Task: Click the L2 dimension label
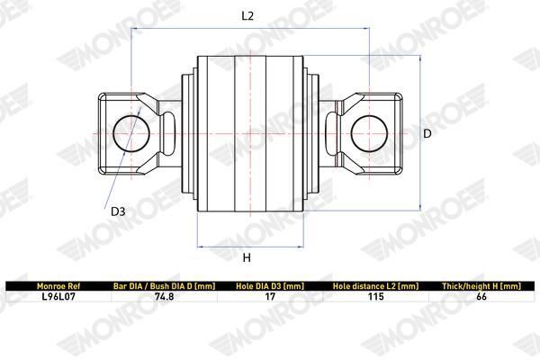pyautogui.click(x=247, y=16)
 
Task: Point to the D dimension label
pyautogui.click(x=427, y=133)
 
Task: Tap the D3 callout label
pyautogui.click(x=118, y=211)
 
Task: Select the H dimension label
pyautogui.click(x=247, y=257)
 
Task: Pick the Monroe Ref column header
pyautogui.click(x=58, y=286)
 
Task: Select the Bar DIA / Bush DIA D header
pyautogui.click(x=165, y=286)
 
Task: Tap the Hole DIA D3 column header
pyautogui.click(x=270, y=286)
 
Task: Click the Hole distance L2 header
pyautogui.click(x=375, y=286)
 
